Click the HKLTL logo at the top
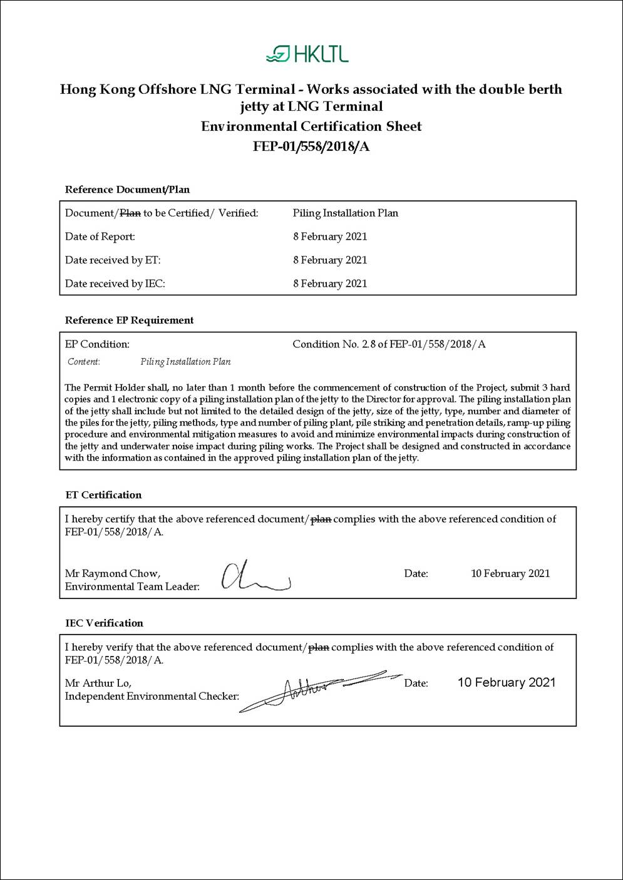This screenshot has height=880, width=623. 307,54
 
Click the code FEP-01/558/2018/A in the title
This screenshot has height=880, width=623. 311,147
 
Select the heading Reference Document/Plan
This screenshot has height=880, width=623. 127,190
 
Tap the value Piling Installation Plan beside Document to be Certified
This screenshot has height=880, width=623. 345,213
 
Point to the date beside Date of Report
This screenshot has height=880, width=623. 329,237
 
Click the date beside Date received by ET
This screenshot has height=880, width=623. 329,260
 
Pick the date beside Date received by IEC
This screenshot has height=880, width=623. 329,284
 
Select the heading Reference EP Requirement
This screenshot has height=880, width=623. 129,320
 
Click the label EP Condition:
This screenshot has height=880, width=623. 97,344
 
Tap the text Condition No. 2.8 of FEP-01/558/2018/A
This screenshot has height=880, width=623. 388,344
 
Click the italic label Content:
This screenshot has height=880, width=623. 83,362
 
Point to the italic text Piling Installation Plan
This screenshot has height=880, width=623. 185,362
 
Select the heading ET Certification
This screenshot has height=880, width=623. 103,495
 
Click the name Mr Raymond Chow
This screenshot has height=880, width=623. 112,573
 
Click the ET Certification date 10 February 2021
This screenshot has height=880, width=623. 510,573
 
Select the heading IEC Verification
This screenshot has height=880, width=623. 104,623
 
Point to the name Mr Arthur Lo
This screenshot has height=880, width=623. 98,683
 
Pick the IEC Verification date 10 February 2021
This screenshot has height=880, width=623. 506,682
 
